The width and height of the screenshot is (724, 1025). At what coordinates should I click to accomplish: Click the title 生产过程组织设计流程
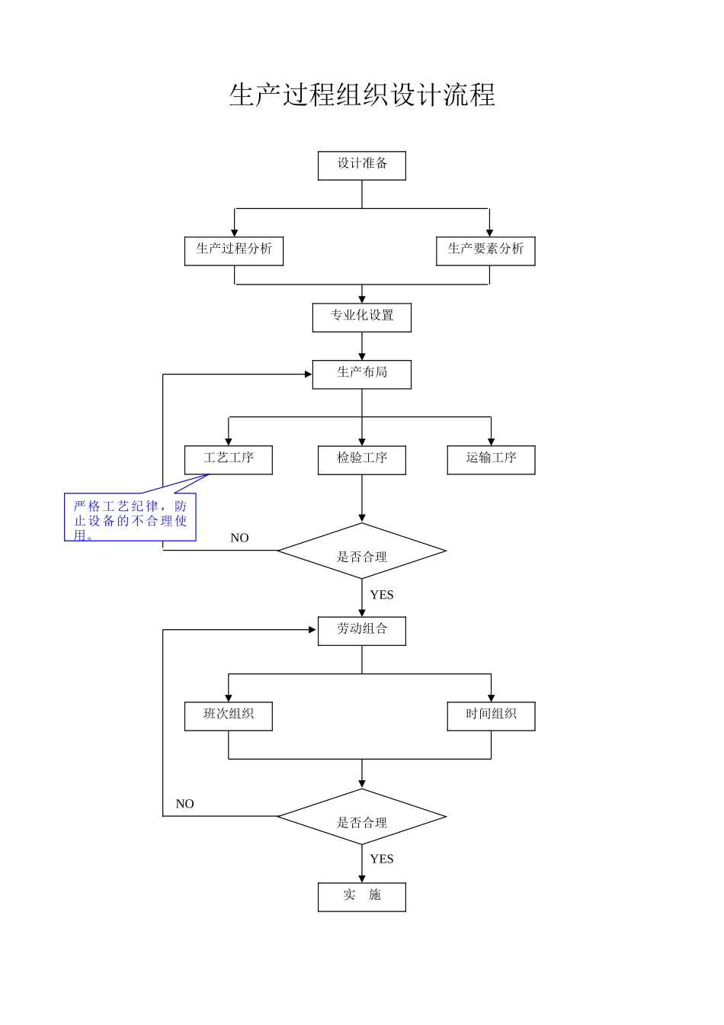pyautogui.click(x=362, y=95)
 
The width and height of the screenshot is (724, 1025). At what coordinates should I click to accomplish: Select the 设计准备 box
pyautogui.click(x=362, y=165)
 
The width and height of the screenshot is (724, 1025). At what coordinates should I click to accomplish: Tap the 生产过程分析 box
pyautogui.click(x=234, y=251)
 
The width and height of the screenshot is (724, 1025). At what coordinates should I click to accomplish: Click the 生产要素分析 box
pyautogui.click(x=485, y=251)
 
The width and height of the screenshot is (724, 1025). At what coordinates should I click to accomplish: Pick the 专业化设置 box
pyautogui.click(x=362, y=317)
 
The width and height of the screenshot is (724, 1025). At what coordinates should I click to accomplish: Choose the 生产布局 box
pyautogui.click(x=362, y=374)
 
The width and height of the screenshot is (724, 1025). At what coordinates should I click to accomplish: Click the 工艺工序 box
pyautogui.click(x=229, y=460)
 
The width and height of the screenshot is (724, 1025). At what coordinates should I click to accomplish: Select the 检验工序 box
pyautogui.click(x=362, y=460)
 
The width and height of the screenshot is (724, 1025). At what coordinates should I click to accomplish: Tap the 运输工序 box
pyautogui.click(x=491, y=460)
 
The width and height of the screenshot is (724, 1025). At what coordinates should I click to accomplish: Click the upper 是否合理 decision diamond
pyautogui.click(x=362, y=551)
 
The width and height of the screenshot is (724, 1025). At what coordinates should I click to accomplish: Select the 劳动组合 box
pyautogui.click(x=362, y=631)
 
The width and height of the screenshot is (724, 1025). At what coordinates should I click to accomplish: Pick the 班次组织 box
pyautogui.click(x=229, y=716)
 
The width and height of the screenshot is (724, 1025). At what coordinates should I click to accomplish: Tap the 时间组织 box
pyautogui.click(x=491, y=716)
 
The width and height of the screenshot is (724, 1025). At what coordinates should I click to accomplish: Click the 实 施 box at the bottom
pyautogui.click(x=362, y=897)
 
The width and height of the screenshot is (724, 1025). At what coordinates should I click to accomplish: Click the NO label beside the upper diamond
pyautogui.click(x=239, y=538)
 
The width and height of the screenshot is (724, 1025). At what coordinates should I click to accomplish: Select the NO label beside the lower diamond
pyautogui.click(x=184, y=804)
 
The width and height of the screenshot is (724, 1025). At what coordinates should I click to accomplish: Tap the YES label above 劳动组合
pyautogui.click(x=382, y=595)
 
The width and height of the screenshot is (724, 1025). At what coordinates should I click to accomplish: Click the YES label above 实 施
pyautogui.click(x=382, y=860)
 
